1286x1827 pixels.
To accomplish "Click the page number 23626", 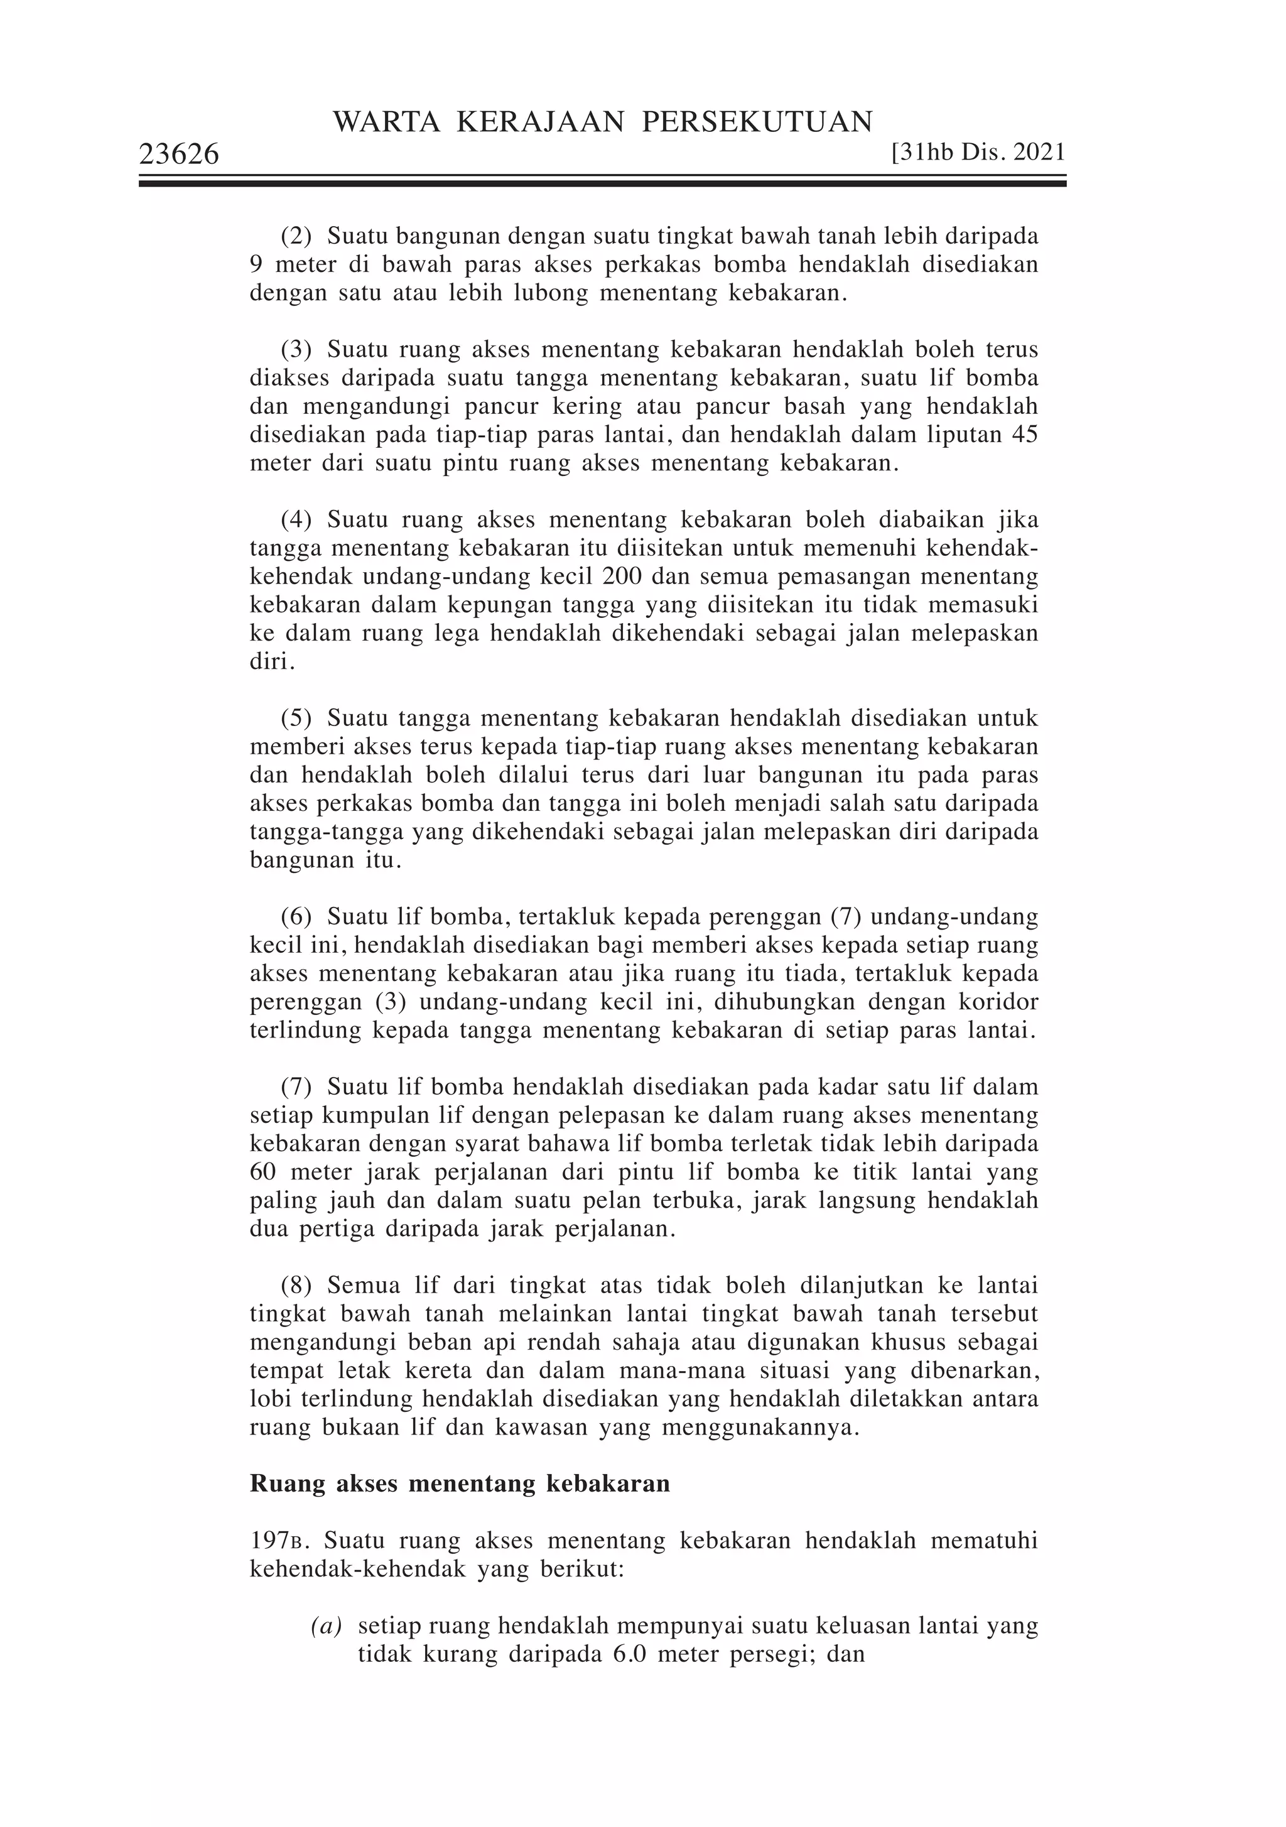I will tap(179, 155).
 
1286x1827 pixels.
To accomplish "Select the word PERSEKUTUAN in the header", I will tap(757, 122).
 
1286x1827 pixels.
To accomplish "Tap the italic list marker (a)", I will tap(327, 1625).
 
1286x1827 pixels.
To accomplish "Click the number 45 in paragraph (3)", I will tap(1024, 435).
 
